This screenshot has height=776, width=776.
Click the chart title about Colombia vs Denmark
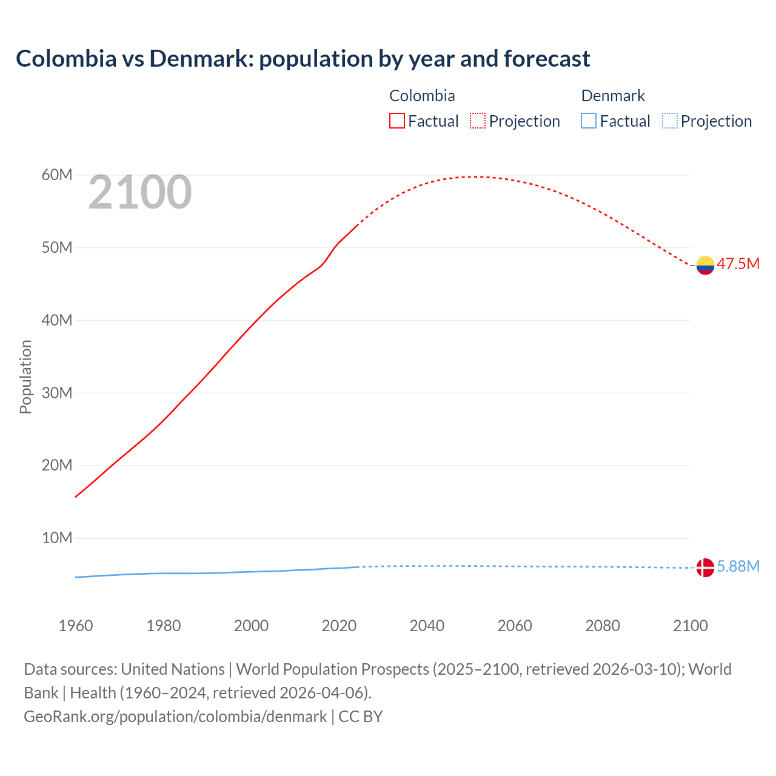(x=303, y=59)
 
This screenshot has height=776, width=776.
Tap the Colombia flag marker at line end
(x=705, y=265)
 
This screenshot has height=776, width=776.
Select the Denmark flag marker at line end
(x=705, y=567)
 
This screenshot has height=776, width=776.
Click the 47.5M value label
(x=738, y=264)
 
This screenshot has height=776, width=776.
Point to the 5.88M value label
(x=738, y=566)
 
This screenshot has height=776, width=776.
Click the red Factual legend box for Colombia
(x=397, y=121)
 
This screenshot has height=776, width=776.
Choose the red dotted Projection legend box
(x=478, y=121)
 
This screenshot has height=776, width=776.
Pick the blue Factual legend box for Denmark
(x=589, y=121)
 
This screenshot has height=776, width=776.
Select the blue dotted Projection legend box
(x=670, y=121)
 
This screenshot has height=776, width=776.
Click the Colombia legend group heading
(x=422, y=96)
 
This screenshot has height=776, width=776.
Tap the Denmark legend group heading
(x=613, y=96)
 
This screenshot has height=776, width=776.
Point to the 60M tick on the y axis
(x=57, y=175)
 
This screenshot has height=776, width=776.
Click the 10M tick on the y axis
(x=57, y=538)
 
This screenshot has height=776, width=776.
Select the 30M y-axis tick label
(x=57, y=393)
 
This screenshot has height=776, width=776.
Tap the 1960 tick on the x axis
(x=76, y=626)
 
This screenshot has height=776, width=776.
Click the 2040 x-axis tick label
(x=427, y=626)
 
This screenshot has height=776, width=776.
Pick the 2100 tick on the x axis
(x=690, y=626)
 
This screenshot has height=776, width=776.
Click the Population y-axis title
(x=25, y=376)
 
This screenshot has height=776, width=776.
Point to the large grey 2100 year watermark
(x=140, y=193)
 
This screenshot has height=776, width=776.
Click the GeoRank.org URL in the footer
(x=175, y=717)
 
